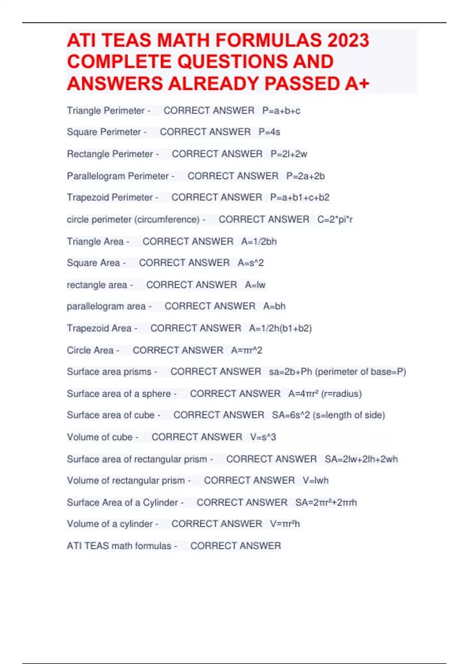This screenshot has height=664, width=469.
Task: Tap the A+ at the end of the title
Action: [357, 84]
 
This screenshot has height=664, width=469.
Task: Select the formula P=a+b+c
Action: [281, 111]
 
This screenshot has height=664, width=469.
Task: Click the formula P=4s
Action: [269, 132]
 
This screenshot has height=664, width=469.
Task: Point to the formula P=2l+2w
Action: [289, 154]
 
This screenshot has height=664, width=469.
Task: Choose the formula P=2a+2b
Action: [305, 176]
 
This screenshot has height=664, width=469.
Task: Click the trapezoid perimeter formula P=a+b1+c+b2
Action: [300, 197]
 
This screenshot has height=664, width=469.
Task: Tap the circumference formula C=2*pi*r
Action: [335, 220]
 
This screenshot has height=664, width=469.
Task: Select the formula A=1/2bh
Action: [259, 241]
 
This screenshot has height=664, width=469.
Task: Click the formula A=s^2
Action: [251, 263]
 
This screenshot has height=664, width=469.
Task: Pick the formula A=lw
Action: [255, 285]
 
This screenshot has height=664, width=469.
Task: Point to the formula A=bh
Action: [274, 306]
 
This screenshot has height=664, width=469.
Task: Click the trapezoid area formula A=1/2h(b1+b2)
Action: [280, 328]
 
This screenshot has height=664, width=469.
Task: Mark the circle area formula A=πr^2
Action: [247, 350]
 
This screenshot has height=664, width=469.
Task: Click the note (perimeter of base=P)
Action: [360, 371]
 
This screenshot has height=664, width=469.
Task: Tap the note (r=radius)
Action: [341, 394]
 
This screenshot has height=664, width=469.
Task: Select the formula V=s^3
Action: [263, 437]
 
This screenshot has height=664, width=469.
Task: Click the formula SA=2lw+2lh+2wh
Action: [361, 459]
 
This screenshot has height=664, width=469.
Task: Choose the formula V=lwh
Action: [315, 480]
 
